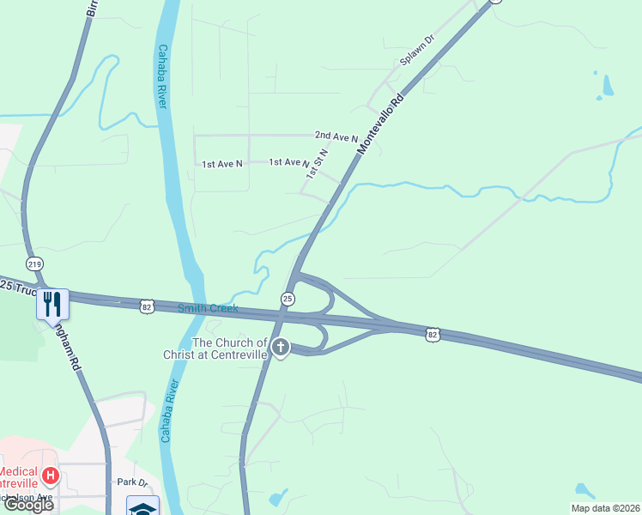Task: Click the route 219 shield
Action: (x=33, y=264)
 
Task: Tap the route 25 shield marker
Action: (x=288, y=298)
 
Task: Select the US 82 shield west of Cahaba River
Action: (x=148, y=305)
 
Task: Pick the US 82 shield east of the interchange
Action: (x=433, y=334)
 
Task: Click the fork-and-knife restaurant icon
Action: (x=51, y=303)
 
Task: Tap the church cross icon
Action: (x=280, y=348)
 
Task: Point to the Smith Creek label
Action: (x=207, y=308)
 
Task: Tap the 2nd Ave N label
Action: (x=336, y=136)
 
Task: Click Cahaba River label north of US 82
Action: (x=160, y=77)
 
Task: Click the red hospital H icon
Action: (x=51, y=475)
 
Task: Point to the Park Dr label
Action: (x=133, y=482)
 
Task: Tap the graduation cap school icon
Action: (x=142, y=506)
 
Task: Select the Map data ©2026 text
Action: (x=606, y=507)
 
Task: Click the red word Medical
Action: (x=17, y=471)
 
